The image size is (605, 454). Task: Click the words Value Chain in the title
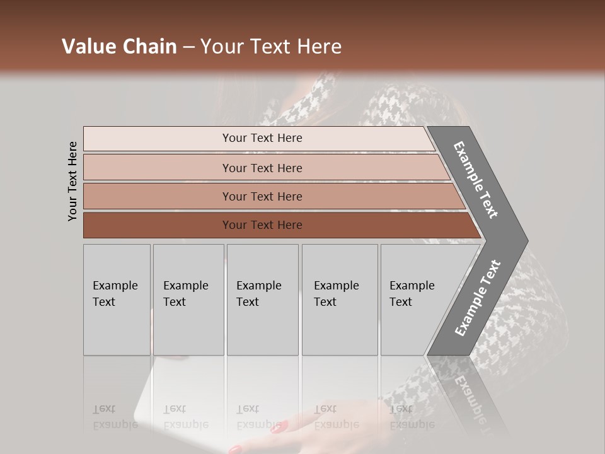click(119, 47)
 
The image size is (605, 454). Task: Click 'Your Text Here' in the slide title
click(271, 47)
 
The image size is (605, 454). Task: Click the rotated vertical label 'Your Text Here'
click(72, 181)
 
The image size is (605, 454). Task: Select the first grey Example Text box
click(117, 300)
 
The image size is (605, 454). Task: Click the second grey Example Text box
click(188, 300)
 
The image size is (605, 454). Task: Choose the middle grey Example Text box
click(262, 300)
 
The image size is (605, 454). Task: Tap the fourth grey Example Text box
click(340, 300)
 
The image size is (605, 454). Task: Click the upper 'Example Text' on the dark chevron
click(476, 180)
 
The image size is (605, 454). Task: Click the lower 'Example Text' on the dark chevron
click(477, 298)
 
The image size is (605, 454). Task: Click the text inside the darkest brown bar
click(262, 225)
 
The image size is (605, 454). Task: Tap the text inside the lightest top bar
click(262, 138)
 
